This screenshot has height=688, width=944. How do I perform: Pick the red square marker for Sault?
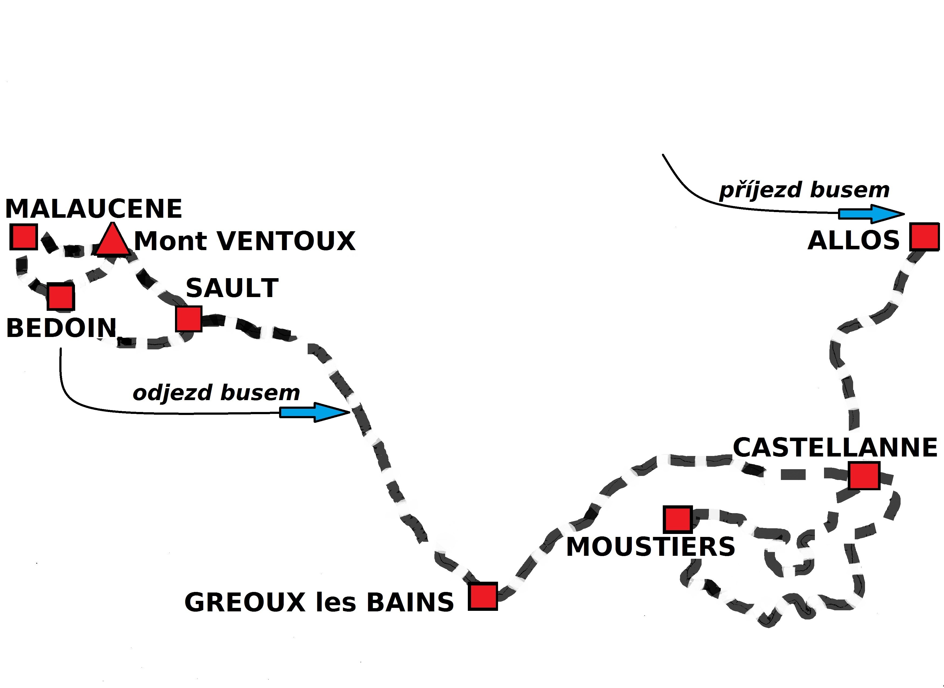pos(188,319)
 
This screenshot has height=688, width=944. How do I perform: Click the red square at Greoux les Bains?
pos(483,596)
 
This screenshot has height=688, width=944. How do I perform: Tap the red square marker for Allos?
pos(924,237)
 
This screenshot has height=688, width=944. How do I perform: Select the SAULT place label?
pos(232,288)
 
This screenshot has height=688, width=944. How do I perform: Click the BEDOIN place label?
pos(61,328)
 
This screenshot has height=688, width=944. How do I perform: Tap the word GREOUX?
pos(245,603)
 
